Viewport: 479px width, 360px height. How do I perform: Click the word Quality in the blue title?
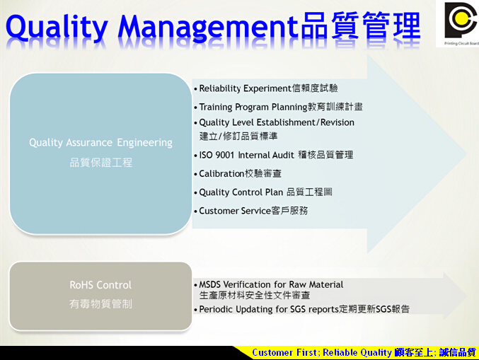pos(57,27)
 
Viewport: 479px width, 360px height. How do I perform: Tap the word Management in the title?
pos(208,27)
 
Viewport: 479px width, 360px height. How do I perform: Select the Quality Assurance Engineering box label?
pos(100,143)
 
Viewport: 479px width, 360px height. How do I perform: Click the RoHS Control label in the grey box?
pos(100,285)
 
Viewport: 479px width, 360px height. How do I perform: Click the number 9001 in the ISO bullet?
pos(225,155)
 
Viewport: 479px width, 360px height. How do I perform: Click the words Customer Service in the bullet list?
pos(235,211)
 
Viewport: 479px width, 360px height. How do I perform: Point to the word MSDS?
pos(210,284)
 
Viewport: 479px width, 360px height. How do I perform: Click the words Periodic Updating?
pos(236,309)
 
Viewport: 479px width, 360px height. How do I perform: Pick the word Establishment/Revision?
pos(305,122)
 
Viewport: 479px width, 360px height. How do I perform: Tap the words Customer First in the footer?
pos(284,353)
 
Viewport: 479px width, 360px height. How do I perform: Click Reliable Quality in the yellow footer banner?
pos(357,353)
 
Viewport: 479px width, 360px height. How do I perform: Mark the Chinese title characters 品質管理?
pos(361,25)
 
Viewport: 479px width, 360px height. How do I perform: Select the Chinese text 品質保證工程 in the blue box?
pos(100,163)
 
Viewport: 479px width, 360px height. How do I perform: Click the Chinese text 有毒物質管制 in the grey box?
pos(100,304)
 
